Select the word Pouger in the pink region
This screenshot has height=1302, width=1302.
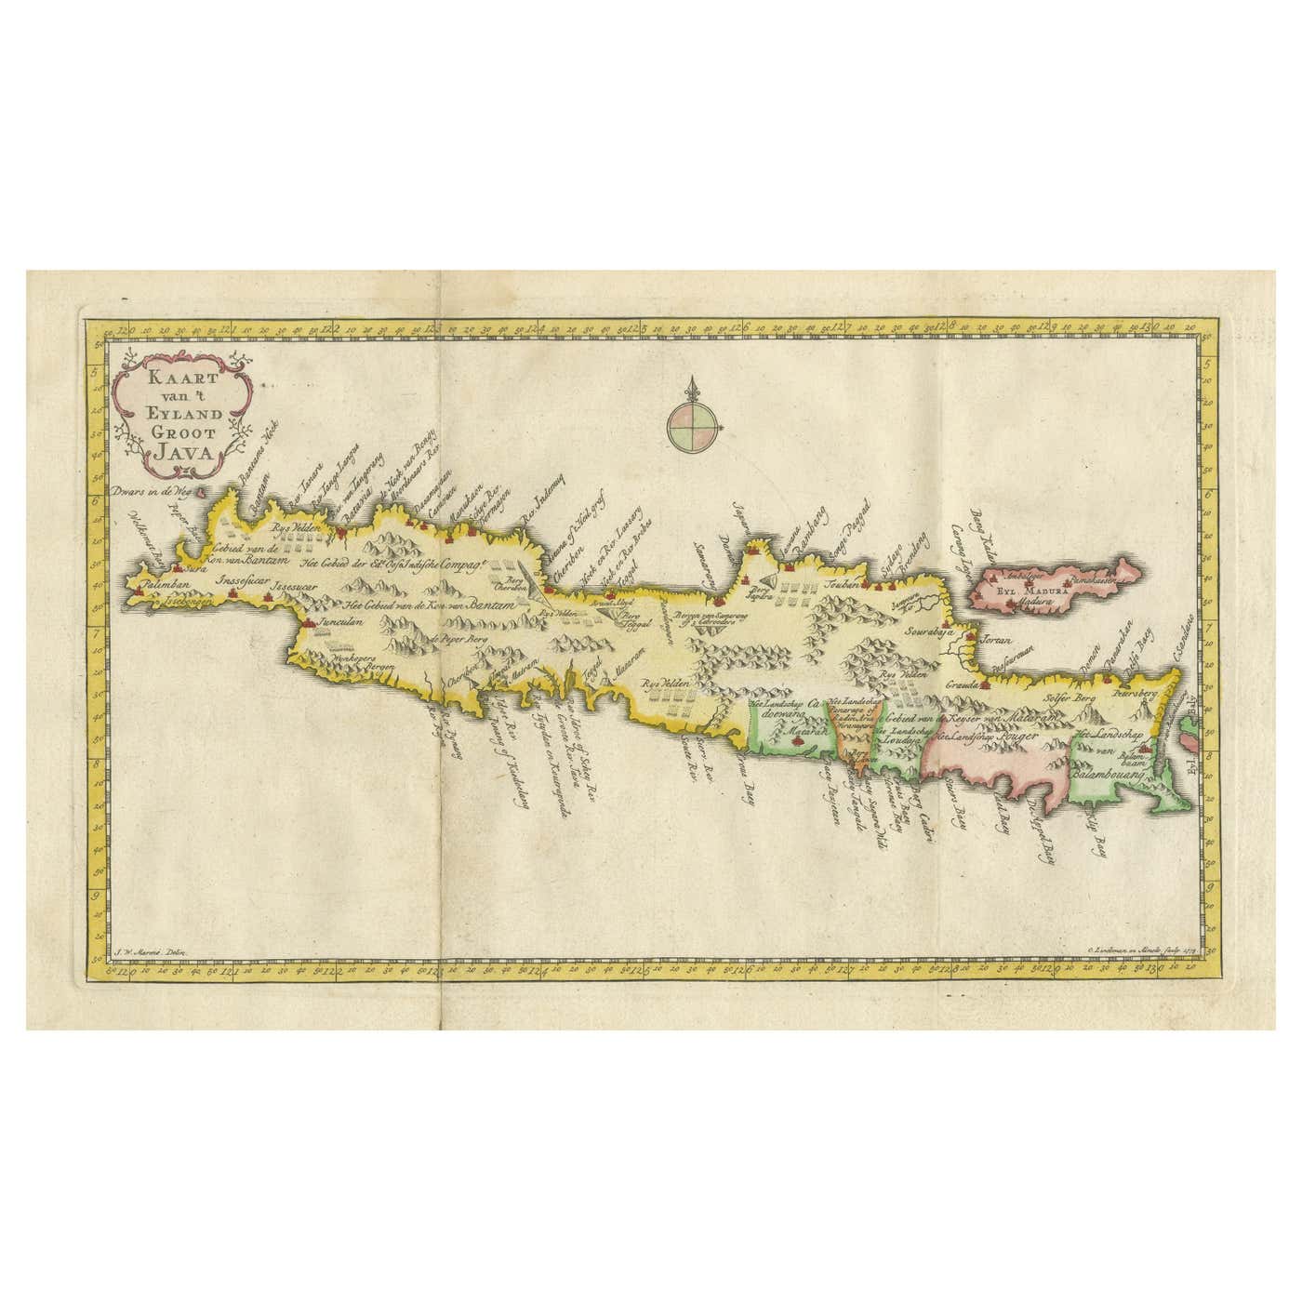pyautogui.click(x=1024, y=733)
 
